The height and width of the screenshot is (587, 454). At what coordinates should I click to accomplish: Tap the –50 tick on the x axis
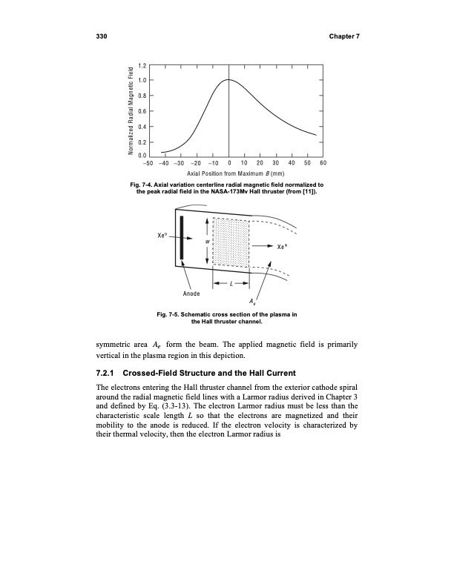[148, 162]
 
